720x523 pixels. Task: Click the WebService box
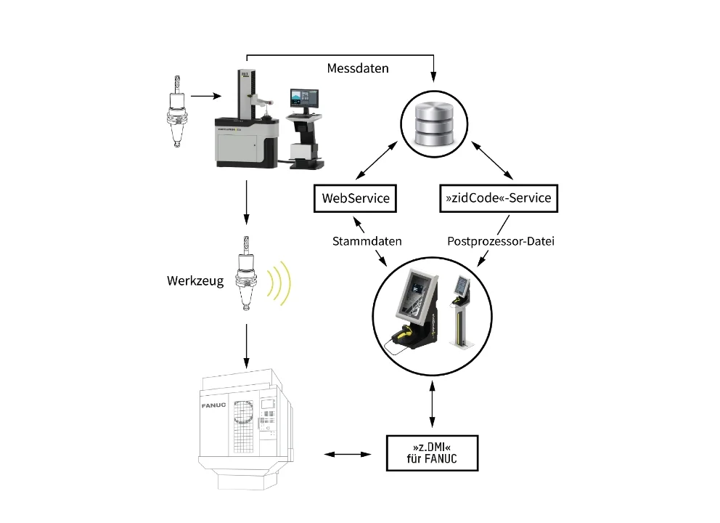tap(356, 198)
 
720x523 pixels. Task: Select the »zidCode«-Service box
tap(499, 198)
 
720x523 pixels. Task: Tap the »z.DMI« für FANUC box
tap(433, 454)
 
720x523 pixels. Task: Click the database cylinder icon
tap(434, 122)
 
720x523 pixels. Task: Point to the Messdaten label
tap(358, 68)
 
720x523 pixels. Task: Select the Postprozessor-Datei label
tap(501, 240)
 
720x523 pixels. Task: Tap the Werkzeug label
tap(195, 280)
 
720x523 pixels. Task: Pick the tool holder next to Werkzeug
tap(247, 277)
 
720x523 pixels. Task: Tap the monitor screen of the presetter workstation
tap(304, 100)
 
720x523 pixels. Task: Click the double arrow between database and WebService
tap(380, 161)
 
